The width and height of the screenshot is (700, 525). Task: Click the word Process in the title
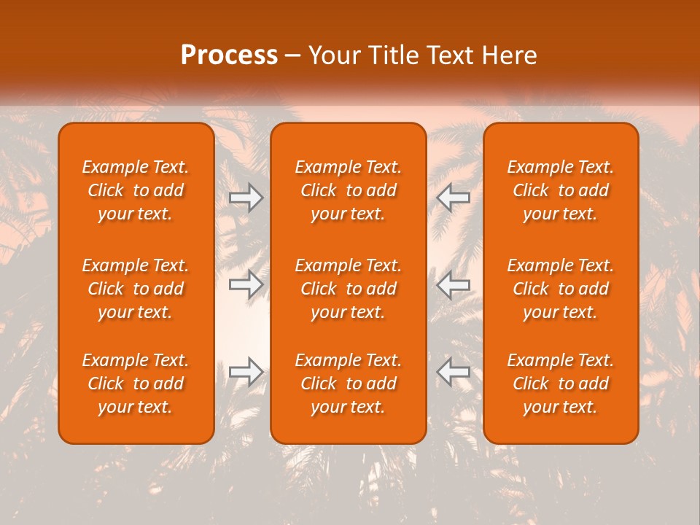coord(229,55)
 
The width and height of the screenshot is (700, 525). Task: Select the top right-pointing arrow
coord(246,198)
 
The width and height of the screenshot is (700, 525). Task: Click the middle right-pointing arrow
coord(246,284)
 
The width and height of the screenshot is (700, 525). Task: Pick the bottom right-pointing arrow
coord(246,372)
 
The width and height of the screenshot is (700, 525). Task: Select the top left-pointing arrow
coord(454,198)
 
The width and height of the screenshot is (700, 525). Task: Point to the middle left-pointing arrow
coord(454,284)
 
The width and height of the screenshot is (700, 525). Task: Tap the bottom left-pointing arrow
coord(454,372)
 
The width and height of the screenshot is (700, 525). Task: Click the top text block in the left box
coord(136,190)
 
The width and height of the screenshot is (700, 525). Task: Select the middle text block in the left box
coord(136,289)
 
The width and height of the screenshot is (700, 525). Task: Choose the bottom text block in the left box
coord(136,384)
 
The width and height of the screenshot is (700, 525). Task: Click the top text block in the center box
coord(349,190)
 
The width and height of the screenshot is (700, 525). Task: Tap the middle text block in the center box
coord(349,289)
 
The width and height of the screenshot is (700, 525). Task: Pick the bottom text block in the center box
coord(349,384)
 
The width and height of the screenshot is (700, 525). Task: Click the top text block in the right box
coord(561,190)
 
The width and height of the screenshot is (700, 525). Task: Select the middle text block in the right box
coord(561,289)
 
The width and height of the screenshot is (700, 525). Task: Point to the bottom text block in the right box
coord(561,384)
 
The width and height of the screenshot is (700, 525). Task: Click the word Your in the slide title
coord(332,55)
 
